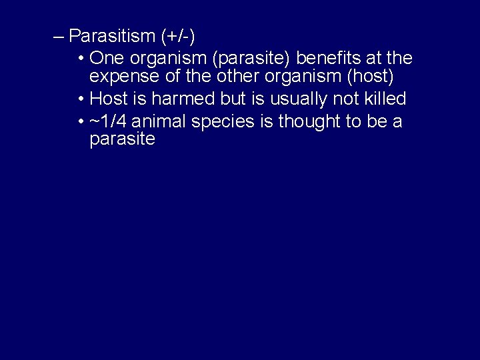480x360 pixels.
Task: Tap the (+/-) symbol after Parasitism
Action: (x=175, y=35)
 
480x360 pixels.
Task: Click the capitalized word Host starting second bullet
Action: (x=109, y=99)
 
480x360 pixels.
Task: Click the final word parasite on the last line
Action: (x=122, y=140)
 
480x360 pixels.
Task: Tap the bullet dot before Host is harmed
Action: (x=80, y=99)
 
